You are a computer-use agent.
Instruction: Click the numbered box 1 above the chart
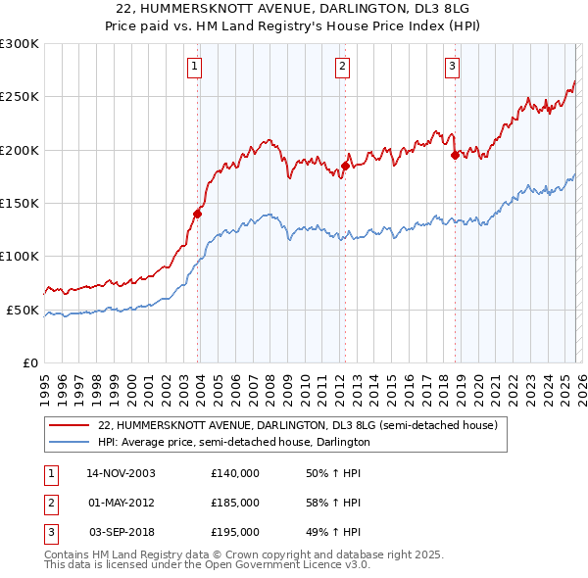(x=195, y=67)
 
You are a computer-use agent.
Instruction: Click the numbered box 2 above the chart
(x=342, y=67)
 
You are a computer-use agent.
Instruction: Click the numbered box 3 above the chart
(x=452, y=67)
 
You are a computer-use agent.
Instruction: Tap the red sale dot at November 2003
(x=198, y=213)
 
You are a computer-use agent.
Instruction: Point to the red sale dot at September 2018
(x=455, y=155)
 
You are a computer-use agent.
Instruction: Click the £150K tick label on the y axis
(x=20, y=203)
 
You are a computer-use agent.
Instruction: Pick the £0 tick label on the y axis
(x=29, y=362)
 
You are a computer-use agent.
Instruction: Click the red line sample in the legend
(x=70, y=426)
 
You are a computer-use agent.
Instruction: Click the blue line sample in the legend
(x=70, y=442)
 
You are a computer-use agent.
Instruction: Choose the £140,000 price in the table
(x=235, y=472)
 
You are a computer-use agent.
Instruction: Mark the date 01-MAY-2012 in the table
(x=122, y=503)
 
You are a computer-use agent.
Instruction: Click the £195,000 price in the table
(x=235, y=532)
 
